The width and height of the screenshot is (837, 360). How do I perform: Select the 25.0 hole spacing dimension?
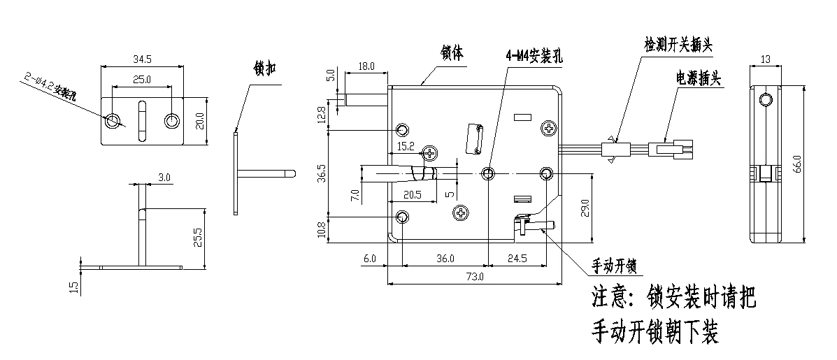(142, 80)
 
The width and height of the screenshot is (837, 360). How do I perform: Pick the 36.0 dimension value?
(445, 258)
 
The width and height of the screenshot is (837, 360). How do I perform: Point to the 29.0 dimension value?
(585, 208)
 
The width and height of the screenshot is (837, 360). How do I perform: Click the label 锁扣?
(265, 69)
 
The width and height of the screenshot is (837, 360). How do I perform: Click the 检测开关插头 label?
(678, 44)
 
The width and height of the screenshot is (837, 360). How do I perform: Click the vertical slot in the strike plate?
(142, 120)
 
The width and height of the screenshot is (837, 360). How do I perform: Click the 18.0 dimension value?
(366, 66)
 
